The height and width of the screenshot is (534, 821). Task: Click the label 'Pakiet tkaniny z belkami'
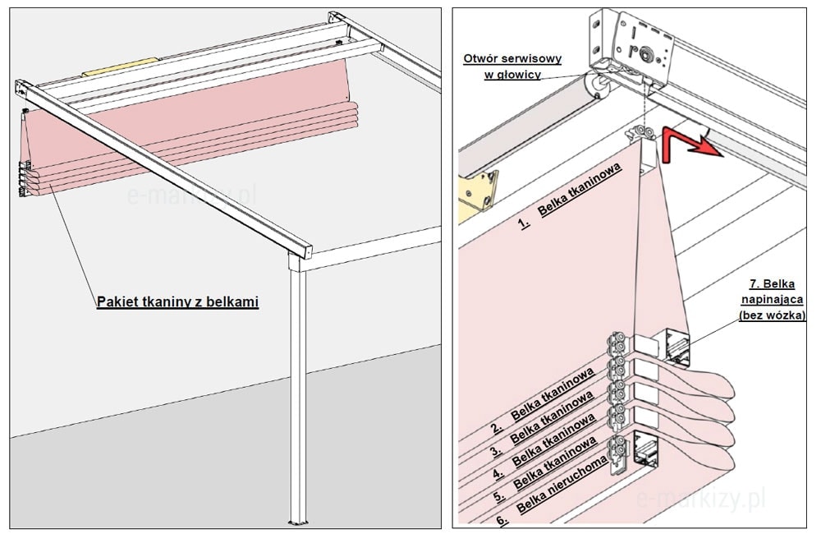tap(177, 302)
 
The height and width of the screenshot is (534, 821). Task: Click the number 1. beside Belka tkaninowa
tap(524, 222)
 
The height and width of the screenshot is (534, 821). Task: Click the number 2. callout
tap(497, 427)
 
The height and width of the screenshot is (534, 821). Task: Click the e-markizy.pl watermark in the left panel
tap(192, 196)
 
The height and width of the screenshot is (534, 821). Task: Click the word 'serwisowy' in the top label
tap(521, 59)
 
